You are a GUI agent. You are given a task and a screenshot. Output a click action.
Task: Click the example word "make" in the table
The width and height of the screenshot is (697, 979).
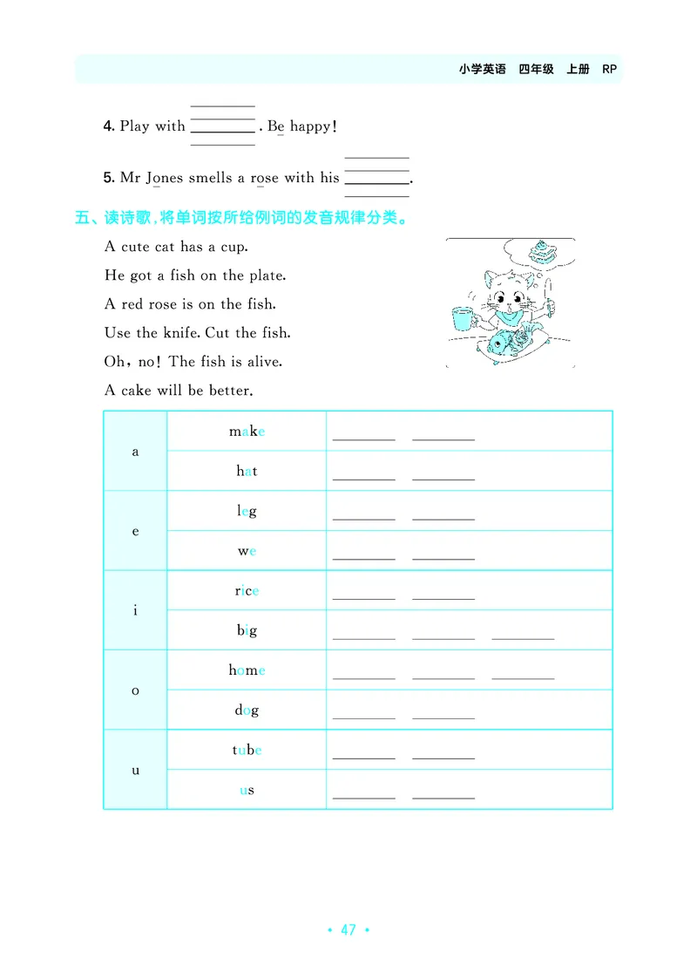[x=247, y=432]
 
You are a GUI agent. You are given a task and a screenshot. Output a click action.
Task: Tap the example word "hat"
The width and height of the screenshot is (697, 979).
[x=247, y=471]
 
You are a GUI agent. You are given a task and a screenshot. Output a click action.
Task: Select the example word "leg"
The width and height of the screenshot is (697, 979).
[x=247, y=512]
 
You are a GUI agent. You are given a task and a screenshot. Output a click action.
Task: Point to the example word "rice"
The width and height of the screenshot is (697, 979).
[x=247, y=591]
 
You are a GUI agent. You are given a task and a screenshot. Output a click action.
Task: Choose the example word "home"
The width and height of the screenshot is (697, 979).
[x=247, y=670]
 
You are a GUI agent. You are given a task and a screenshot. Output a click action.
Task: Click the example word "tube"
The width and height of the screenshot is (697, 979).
[x=247, y=750]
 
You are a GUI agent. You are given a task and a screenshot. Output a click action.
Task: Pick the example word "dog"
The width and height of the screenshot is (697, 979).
[x=247, y=710]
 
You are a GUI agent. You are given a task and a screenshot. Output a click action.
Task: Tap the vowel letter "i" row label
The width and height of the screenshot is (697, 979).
[x=135, y=610]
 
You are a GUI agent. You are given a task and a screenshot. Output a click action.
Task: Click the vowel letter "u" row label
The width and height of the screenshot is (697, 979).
[x=135, y=771]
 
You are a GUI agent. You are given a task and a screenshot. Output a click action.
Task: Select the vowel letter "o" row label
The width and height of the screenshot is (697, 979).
[x=135, y=690]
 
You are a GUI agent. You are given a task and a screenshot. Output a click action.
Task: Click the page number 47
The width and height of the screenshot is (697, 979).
[x=348, y=929]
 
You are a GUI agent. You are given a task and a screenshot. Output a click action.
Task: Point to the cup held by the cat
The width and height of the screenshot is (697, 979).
[x=464, y=318]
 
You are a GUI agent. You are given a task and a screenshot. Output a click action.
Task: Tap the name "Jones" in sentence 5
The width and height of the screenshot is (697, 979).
[x=164, y=179]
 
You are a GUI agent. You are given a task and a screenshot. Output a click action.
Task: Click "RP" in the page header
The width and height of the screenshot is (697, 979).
[x=609, y=69]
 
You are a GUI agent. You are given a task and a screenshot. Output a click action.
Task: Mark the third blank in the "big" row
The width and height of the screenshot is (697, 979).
[x=523, y=639]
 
